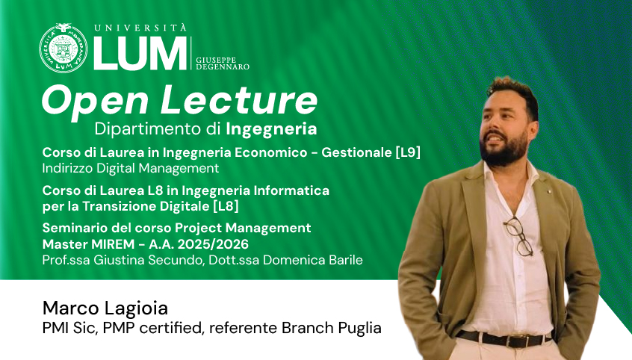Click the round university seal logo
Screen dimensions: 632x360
[x=63, y=49]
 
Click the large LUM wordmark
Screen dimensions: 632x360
[x=140, y=54]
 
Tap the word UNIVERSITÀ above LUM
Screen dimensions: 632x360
[x=140, y=28]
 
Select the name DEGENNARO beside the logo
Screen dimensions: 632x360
[x=223, y=67]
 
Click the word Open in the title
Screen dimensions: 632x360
[x=95, y=101]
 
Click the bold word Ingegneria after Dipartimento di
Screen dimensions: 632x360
[x=271, y=129]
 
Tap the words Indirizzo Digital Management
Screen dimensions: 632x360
[x=131, y=168]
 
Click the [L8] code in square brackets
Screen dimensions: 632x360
[x=226, y=206]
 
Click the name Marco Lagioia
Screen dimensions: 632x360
[x=105, y=308]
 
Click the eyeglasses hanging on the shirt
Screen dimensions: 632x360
[x=518, y=236]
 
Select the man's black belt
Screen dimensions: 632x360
[x=504, y=338]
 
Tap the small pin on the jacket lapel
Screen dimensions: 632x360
[x=549, y=191]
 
